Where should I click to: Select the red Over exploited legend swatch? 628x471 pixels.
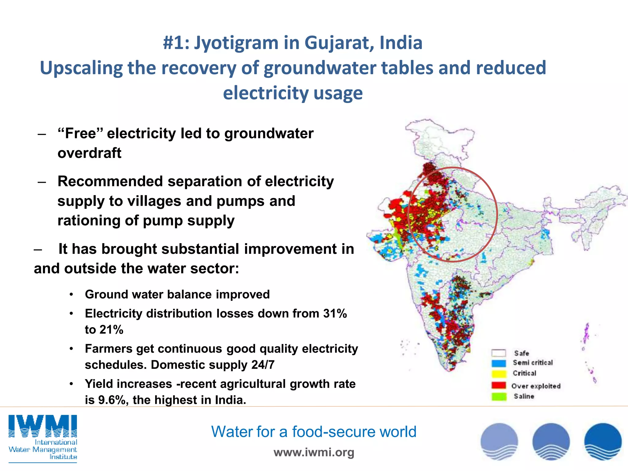[499, 385]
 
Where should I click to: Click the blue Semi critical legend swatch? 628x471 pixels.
[499, 363]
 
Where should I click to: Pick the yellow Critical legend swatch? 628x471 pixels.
[499, 374]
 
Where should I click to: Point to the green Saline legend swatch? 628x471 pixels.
[499, 396]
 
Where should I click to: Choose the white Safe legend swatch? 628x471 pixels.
[499, 353]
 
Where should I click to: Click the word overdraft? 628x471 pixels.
[89, 153]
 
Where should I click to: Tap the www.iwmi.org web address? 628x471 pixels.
[314, 452]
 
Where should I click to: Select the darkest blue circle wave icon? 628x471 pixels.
[603, 442]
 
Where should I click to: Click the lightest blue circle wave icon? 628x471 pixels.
[499, 442]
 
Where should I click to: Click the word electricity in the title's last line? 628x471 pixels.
[261, 93]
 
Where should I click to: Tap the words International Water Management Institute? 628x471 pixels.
[43, 450]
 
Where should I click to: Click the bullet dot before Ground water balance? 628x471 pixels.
[71, 295]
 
